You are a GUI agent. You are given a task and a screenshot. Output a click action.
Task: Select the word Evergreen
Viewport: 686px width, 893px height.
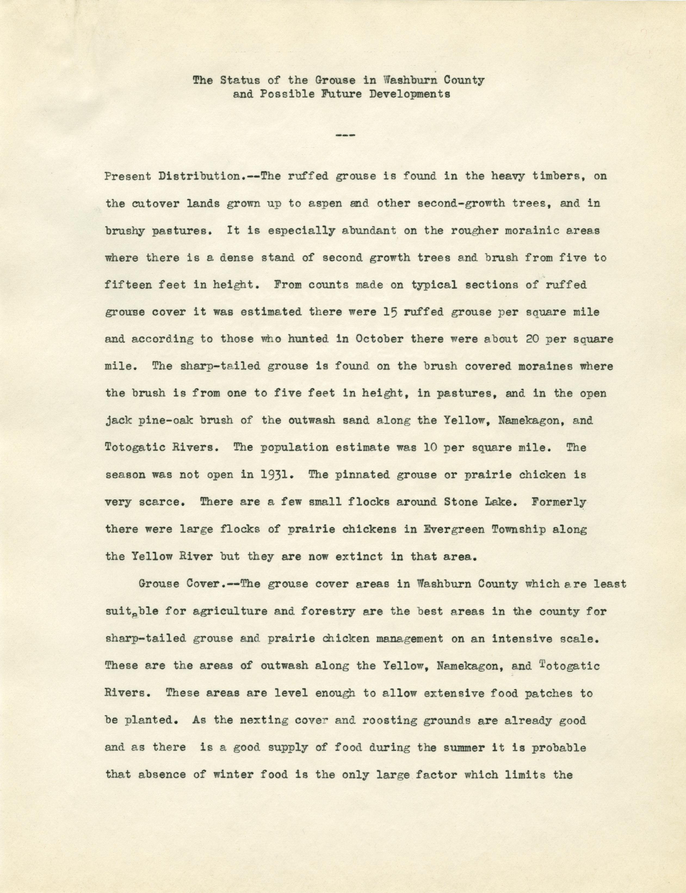(x=448, y=529)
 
